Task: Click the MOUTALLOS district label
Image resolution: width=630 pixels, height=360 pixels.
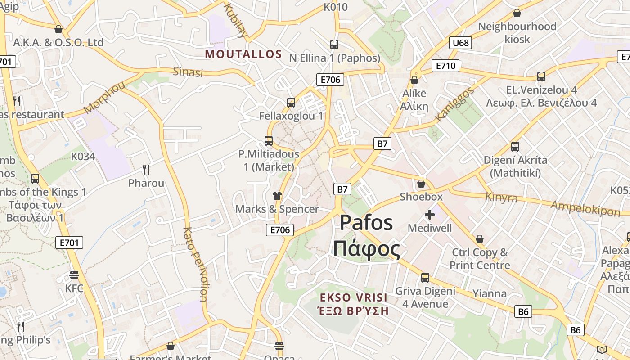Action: pyautogui.click(x=243, y=54)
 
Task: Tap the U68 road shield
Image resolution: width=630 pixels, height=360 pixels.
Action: pyautogui.click(x=460, y=43)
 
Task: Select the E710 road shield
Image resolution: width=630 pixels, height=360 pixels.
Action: pyautogui.click(x=445, y=66)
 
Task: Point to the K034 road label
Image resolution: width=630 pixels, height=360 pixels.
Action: pyautogui.click(x=83, y=157)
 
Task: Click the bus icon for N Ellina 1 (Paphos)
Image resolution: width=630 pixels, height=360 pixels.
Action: pyautogui.click(x=334, y=45)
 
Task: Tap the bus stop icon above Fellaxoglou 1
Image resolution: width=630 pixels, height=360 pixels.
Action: pyautogui.click(x=291, y=103)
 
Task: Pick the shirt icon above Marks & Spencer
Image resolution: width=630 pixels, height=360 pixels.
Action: pyautogui.click(x=277, y=196)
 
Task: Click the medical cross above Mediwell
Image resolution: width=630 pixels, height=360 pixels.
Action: pyautogui.click(x=430, y=215)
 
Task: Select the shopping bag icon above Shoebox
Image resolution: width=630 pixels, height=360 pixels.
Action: pyautogui.click(x=421, y=184)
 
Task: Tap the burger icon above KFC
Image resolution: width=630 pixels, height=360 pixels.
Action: pyautogui.click(x=75, y=274)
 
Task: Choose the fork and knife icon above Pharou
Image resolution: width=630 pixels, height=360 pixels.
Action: pyautogui.click(x=146, y=170)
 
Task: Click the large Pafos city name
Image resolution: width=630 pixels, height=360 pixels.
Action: pyautogui.click(x=366, y=223)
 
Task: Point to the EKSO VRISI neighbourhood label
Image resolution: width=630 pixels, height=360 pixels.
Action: pyautogui.click(x=354, y=297)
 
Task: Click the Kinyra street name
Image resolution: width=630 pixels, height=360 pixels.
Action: pyautogui.click(x=501, y=197)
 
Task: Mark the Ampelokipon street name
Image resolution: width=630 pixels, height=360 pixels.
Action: pyautogui.click(x=585, y=208)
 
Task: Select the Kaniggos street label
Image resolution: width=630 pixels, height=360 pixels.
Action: pyautogui.click(x=455, y=105)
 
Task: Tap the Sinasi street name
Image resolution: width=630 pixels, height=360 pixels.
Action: pyautogui.click(x=188, y=72)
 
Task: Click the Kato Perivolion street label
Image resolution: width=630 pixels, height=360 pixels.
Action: pyautogui.click(x=195, y=264)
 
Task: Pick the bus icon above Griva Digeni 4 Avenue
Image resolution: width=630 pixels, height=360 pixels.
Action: pyautogui.click(x=425, y=278)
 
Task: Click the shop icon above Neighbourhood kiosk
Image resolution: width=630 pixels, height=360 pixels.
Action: pyautogui.click(x=517, y=13)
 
